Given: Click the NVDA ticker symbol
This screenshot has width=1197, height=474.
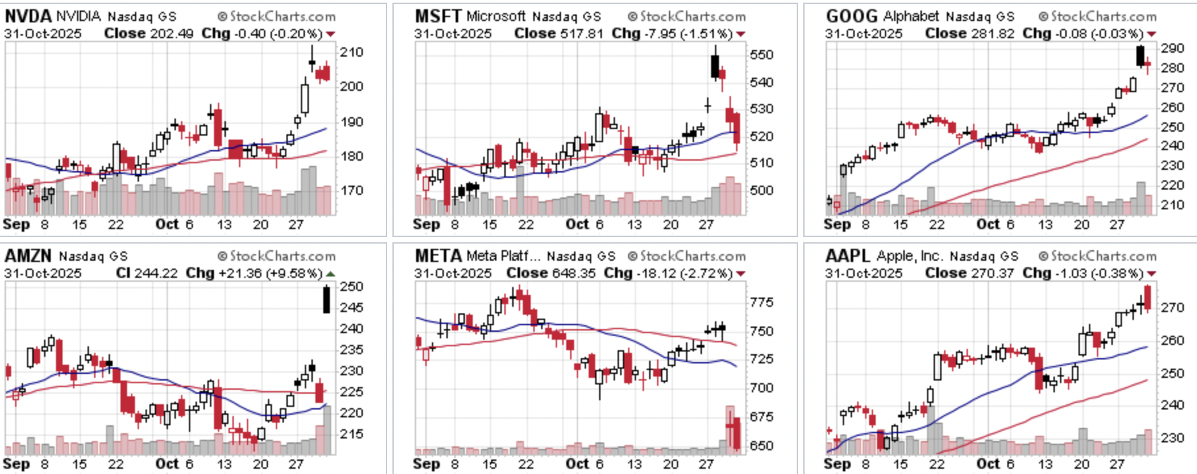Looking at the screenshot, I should point(27,16).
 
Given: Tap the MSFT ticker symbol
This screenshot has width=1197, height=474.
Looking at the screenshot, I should point(438,16).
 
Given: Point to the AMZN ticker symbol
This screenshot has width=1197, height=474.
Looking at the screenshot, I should point(28,255).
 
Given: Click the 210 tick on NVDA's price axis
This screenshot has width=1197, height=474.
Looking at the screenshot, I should point(352,52).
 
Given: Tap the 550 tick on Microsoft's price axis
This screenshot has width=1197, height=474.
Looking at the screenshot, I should point(762,55).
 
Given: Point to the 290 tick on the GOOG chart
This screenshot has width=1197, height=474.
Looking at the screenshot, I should point(1173,48).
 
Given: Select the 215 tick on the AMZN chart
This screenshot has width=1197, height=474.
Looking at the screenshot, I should point(352,434).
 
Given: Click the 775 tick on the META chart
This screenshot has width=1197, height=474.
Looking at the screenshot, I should point(762,302).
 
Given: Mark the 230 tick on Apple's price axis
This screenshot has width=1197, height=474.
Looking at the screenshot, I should point(1173,438).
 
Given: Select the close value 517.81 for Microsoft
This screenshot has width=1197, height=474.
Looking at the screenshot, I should point(582,34).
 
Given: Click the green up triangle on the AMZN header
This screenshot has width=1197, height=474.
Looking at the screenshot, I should point(331,273).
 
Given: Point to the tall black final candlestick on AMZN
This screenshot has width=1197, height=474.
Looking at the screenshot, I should point(327,300).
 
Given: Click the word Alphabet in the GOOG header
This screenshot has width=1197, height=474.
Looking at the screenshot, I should point(912,16).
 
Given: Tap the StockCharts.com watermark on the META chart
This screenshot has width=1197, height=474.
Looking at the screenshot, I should point(687,256).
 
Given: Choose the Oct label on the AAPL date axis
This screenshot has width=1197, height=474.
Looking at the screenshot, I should point(988,463).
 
